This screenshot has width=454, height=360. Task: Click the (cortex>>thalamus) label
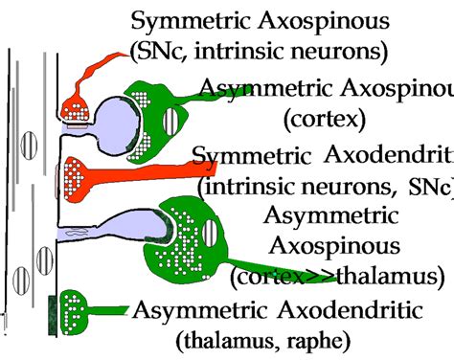(336, 277)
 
